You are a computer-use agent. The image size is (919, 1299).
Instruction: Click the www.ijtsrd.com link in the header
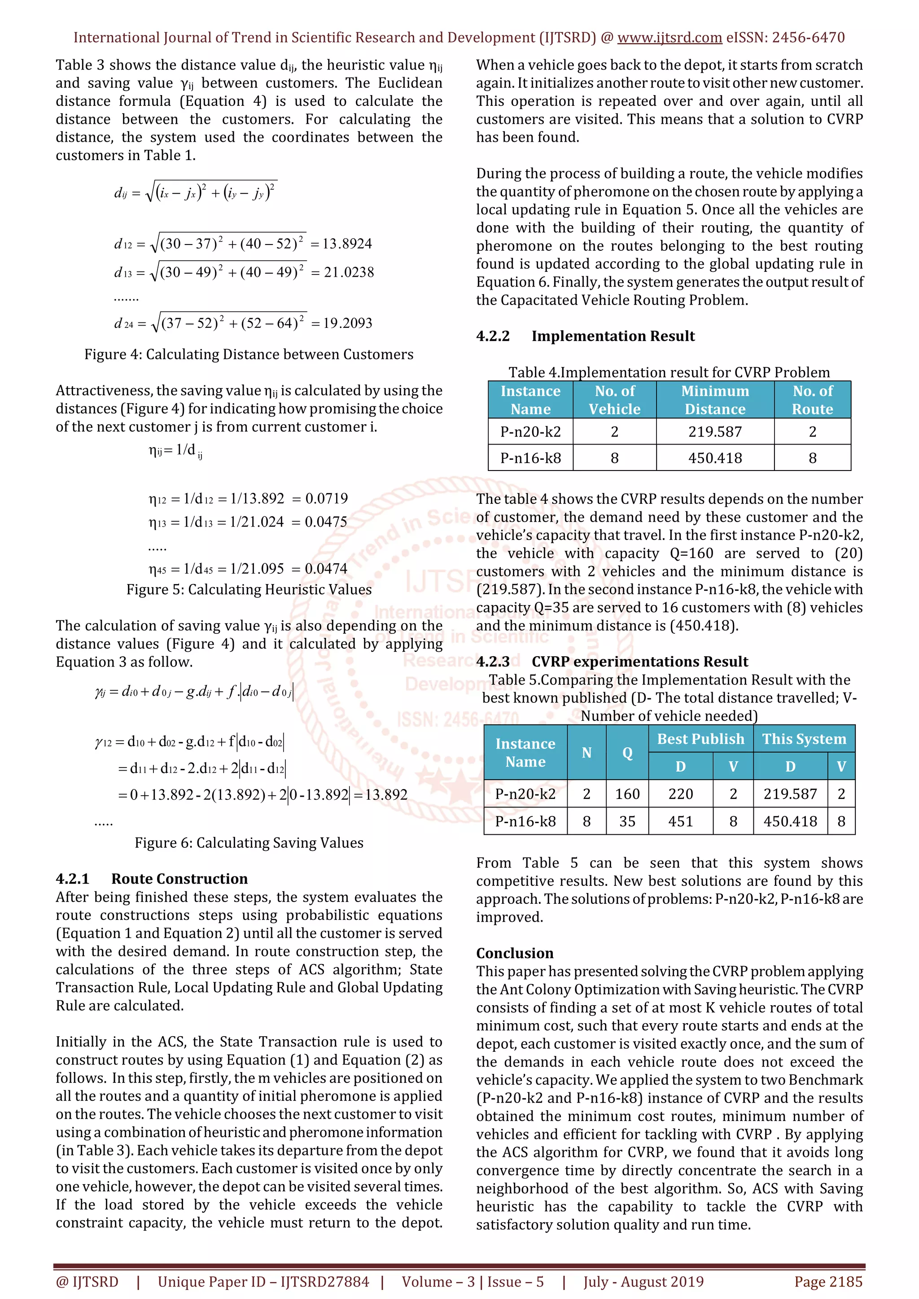(x=670, y=38)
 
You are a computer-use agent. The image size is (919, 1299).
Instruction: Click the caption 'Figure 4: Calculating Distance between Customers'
(x=249, y=355)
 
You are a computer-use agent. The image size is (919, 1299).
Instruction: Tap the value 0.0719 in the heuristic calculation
(x=327, y=498)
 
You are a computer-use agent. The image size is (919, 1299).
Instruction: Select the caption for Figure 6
(x=249, y=843)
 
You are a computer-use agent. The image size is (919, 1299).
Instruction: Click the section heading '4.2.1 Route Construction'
(x=152, y=879)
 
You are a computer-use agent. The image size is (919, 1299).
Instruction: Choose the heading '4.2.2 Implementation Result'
(x=585, y=336)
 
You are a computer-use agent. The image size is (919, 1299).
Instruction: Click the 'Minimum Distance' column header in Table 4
(x=715, y=400)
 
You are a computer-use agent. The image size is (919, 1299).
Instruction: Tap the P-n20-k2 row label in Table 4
(x=530, y=432)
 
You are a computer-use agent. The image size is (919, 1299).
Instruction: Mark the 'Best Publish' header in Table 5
(x=700, y=739)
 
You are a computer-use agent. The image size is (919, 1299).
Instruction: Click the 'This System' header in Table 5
(x=804, y=739)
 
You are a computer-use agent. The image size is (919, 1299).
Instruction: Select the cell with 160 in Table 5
(x=627, y=794)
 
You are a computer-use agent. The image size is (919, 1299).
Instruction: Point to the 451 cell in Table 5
(x=680, y=821)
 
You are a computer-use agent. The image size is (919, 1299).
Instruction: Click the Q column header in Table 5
(x=627, y=753)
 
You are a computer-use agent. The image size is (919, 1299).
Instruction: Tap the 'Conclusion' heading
(x=514, y=953)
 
